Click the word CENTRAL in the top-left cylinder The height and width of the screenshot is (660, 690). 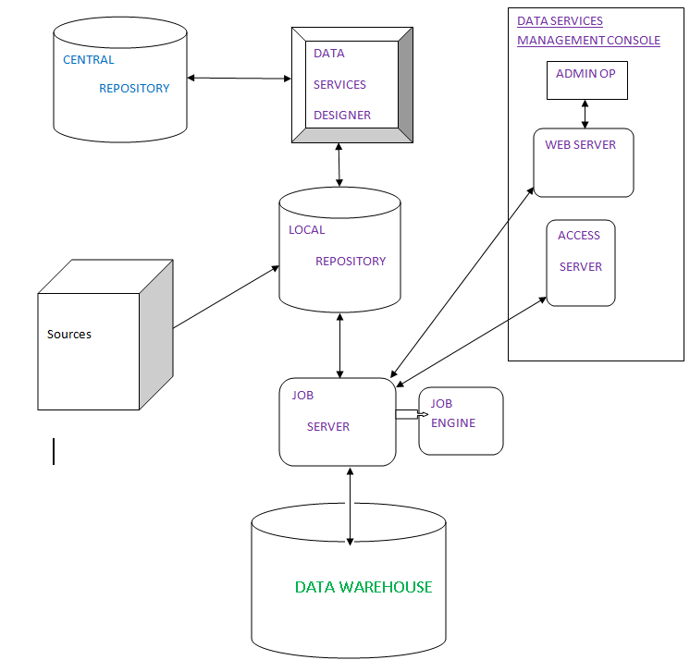pyautogui.click(x=89, y=60)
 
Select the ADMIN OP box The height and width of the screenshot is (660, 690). pyautogui.click(x=586, y=80)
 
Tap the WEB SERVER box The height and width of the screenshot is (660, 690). pyautogui.click(x=583, y=163)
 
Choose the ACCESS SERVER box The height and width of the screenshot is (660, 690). pyautogui.click(x=580, y=263)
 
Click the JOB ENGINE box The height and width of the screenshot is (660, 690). pyautogui.click(x=461, y=421)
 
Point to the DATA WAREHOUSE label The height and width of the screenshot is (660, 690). pyautogui.click(x=363, y=587)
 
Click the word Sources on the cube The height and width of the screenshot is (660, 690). pyautogui.click(x=69, y=334)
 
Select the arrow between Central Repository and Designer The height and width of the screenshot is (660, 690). pyautogui.click(x=239, y=79)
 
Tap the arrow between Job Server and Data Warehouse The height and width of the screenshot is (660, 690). pyautogui.click(x=350, y=506)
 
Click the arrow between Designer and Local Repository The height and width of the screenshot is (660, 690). pyautogui.click(x=340, y=166)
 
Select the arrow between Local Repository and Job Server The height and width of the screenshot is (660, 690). pyautogui.click(x=340, y=344)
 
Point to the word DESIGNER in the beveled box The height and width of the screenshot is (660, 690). pyautogui.click(x=342, y=116)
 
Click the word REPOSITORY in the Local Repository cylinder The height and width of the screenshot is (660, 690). pyautogui.click(x=351, y=262)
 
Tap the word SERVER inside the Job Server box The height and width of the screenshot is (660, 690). pyautogui.click(x=328, y=427)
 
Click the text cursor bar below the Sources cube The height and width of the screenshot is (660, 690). pyautogui.click(x=54, y=451)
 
